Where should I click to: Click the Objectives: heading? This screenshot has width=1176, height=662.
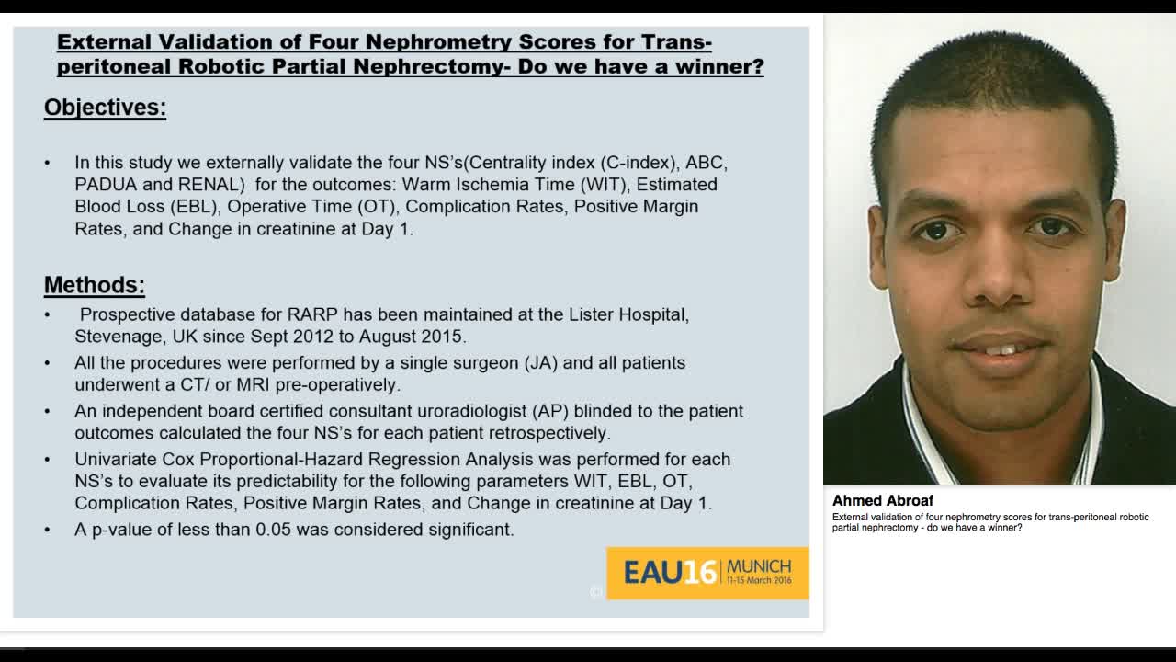105,108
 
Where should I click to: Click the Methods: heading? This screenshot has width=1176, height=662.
95,285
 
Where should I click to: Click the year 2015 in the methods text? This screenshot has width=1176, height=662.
445,337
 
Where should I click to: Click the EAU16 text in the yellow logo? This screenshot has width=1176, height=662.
669,573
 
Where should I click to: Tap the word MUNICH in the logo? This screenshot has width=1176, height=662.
758,565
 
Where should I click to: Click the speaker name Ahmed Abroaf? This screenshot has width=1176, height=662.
882,501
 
